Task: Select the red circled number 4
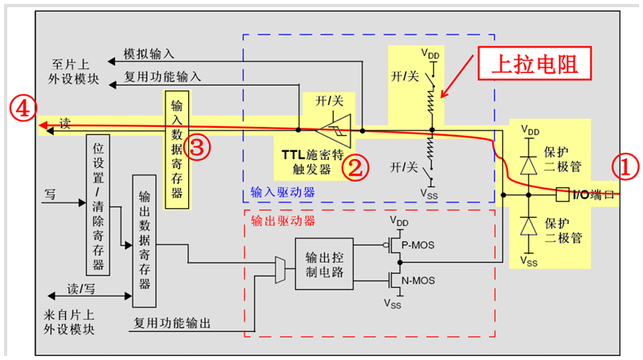22,107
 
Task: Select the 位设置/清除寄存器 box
97,205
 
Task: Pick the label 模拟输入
150,54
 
